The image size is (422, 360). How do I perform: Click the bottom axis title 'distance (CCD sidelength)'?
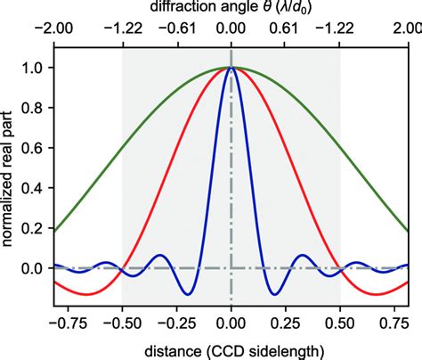click(x=231, y=349)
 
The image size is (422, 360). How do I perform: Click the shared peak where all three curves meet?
click(x=231, y=68)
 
